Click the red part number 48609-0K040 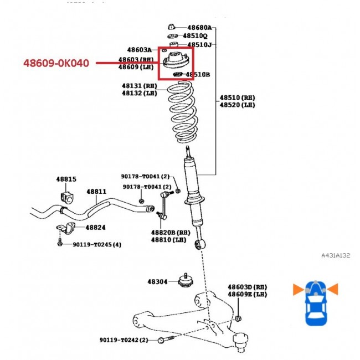(56, 63)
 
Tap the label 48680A (199, 27)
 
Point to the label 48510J (199, 44)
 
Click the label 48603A (139, 50)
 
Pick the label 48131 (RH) (140, 86)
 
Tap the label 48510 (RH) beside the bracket (237, 97)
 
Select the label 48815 (66, 179)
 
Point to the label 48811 (96, 192)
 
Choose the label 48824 (95, 227)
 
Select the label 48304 (157, 281)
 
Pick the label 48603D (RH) (247, 287)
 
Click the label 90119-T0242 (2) (124, 340)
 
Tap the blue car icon (315, 304)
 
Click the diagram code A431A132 (336, 255)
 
